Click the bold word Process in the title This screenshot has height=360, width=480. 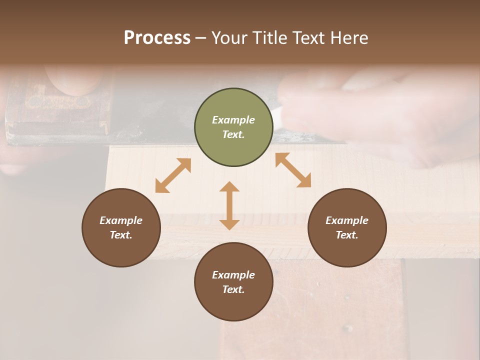tap(157, 38)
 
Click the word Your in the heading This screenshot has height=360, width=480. tap(229, 38)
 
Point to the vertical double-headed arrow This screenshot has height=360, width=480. tap(229, 205)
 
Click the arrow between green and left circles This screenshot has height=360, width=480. tap(173, 175)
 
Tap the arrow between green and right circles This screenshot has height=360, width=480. tap(293, 170)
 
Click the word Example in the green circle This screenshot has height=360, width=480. tap(233, 120)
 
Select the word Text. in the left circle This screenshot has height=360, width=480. tap(121, 235)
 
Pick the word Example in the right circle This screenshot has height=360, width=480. tap(347, 220)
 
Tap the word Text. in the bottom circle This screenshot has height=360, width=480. tap(233, 289)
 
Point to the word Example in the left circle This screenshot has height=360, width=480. tap(121, 220)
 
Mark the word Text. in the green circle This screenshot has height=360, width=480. tap(233, 134)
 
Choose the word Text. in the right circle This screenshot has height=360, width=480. tap(347, 235)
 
